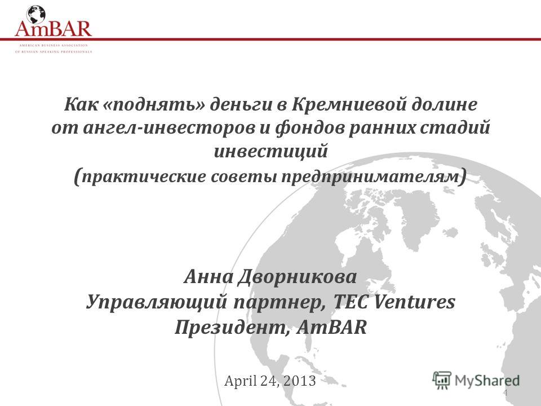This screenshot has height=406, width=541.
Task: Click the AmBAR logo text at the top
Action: click(x=53, y=29)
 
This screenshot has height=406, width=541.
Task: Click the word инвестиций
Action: click(x=271, y=151)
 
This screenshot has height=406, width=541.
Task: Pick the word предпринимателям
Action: click(x=371, y=176)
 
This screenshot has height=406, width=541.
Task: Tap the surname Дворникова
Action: click(x=297, y=277)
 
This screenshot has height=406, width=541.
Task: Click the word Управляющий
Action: click(x=157, y=302)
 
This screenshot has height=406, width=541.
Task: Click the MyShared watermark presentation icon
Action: click(x=442, y=380)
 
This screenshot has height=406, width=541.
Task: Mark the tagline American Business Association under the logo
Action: click(x=54, y=45)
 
